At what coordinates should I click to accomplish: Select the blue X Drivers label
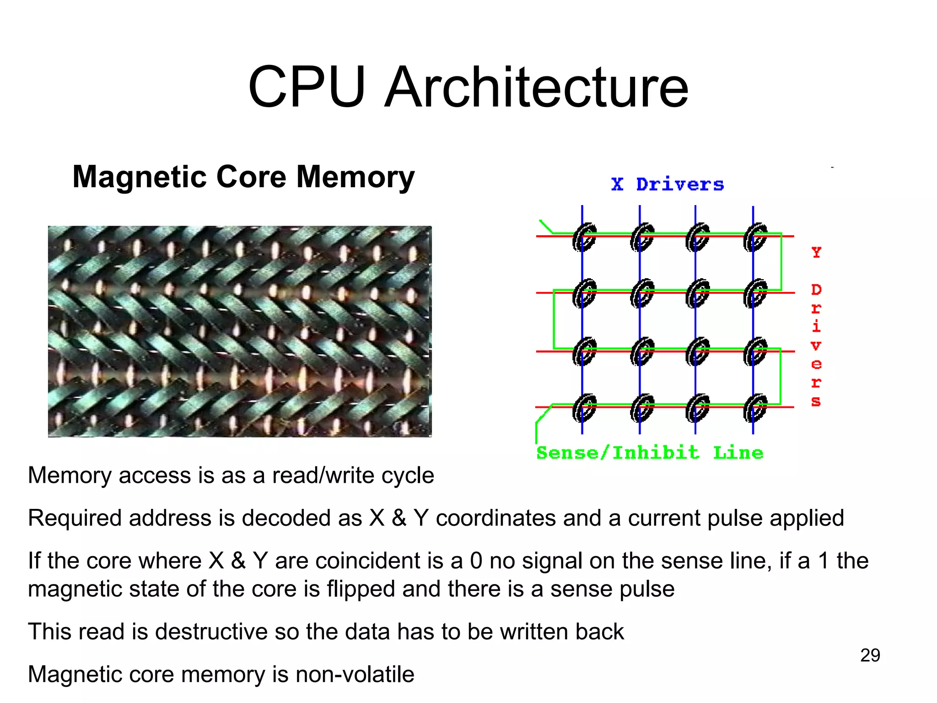point(668,184)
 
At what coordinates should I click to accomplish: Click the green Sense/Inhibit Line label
point(650,453)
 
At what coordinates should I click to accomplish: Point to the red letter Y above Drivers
point(817,252)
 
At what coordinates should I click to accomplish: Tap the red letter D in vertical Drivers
point(817,290)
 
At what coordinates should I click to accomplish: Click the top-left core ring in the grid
point(584,237)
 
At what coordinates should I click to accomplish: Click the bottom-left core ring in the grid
point(584,408)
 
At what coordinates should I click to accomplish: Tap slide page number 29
point(870,655)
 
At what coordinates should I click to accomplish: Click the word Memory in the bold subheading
point(355,177)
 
